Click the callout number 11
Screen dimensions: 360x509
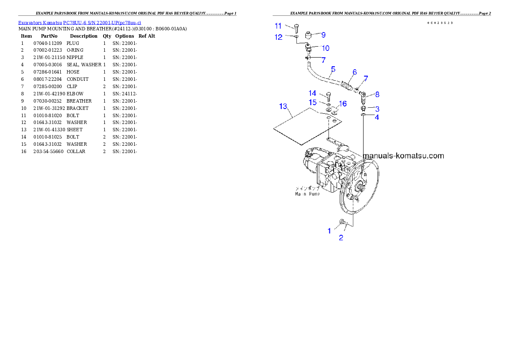tap(278, 26)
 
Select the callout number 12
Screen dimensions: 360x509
tap(278, 37)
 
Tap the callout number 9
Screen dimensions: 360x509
tap(323, 35)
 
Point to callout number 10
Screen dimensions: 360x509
tap(326, 48)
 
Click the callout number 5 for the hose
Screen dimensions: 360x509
tap(333, 69)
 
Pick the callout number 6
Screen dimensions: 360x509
tap(355, 72)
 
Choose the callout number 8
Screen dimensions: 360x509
tap(377, 94)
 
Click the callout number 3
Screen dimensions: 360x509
tap(377, 109)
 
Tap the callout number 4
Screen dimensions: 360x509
tap(377, 117)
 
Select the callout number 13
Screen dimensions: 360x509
tap(284, 106)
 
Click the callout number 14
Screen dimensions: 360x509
tap(313, 93)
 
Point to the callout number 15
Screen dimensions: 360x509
tap(313, 102)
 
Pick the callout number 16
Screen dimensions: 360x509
tap(343, 103)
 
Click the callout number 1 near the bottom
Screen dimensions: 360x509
tap(329, 231)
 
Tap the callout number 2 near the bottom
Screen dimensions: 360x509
tap(341, 238)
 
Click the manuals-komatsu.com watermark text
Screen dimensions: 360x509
tap(403, 156)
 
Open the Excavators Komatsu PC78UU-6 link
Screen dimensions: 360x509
tap(80, 22)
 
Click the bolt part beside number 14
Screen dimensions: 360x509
tap(328, 96)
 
